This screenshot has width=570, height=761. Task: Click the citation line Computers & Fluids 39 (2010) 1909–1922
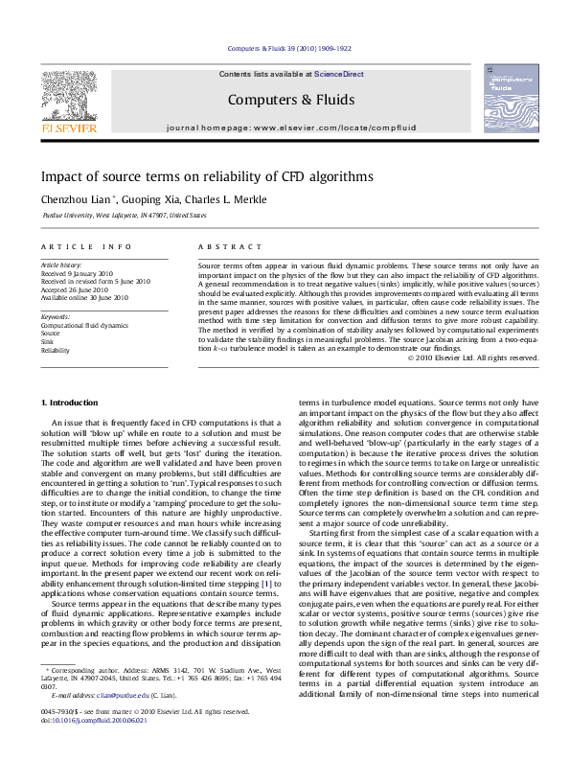point(289,48)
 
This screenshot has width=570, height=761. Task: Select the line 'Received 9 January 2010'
point(77,272)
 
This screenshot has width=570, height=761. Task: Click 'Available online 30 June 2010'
point(83,298)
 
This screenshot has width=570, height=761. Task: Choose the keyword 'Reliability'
point(56,351)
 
